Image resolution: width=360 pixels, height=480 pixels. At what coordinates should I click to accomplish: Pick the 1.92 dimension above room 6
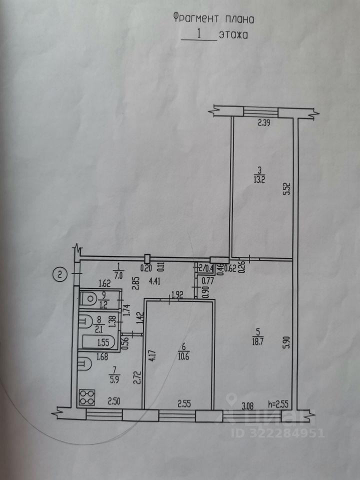tap(178, 295)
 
